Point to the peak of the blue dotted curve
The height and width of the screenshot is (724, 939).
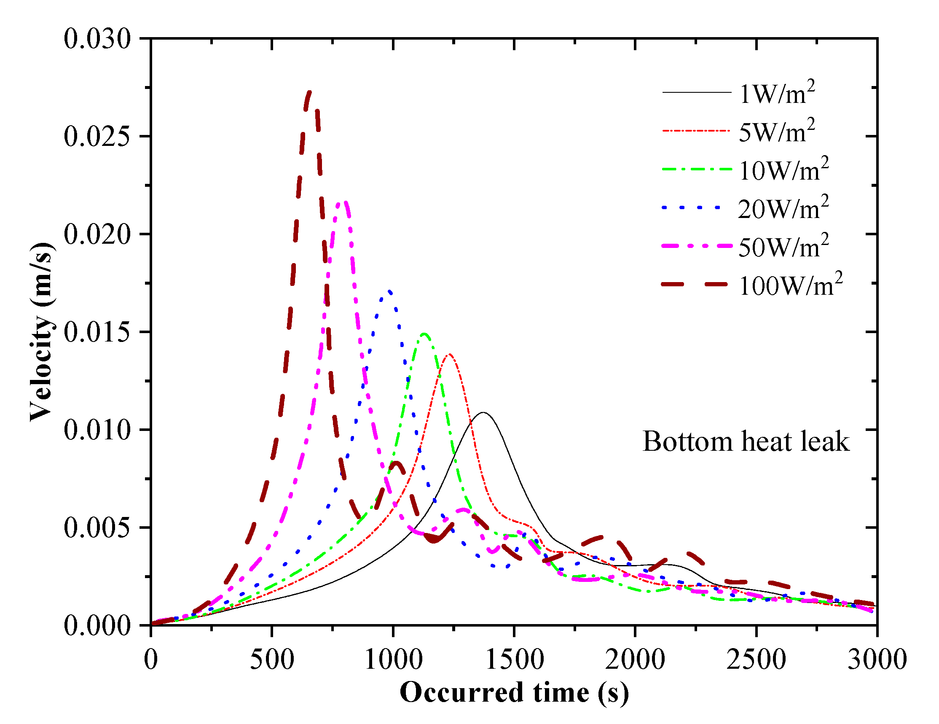389,291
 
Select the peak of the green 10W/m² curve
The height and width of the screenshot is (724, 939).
424,334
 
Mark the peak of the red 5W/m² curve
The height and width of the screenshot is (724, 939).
449,355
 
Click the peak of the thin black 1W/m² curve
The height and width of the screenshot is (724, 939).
484,412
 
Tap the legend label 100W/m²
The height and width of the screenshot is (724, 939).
790,285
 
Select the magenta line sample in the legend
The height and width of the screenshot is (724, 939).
697,246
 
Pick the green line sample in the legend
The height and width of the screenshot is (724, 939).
697,169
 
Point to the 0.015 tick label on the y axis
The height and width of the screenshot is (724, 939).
97,332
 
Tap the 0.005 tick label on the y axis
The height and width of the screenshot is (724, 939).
97,528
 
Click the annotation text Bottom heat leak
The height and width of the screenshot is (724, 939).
746,442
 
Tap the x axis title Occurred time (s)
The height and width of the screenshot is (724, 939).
514,693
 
